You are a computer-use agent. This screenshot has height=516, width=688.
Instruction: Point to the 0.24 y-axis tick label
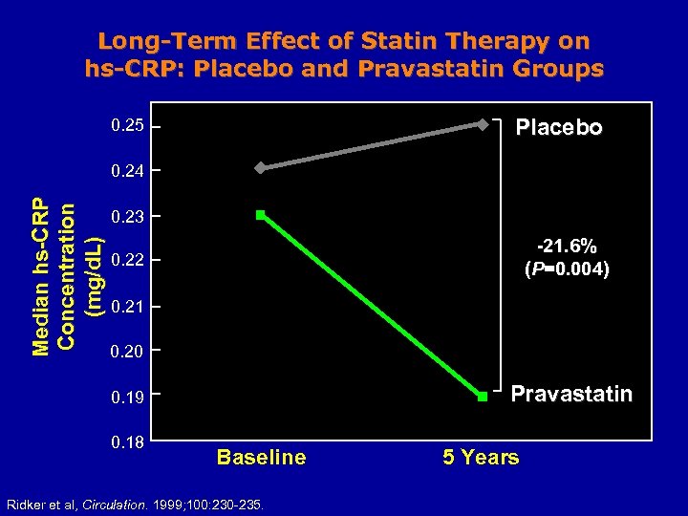127,172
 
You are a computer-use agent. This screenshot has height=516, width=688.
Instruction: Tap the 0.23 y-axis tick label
127,217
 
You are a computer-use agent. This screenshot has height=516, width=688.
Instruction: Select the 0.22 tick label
127,261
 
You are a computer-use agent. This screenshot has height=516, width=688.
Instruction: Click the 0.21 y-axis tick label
127,307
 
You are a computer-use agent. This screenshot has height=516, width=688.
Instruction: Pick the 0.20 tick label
127,352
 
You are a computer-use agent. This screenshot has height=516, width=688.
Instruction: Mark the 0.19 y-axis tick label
127,397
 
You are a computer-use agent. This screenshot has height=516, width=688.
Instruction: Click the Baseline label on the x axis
261,458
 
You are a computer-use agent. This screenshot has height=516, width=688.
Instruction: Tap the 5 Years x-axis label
481,458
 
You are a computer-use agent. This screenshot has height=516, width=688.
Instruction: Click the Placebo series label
559,128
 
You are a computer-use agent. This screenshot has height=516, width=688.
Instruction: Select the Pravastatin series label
571,394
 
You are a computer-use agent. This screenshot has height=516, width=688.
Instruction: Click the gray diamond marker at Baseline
259,168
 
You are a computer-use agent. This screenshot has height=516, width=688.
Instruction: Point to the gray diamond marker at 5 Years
483,124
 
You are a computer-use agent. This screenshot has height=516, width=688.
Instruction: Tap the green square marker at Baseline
260,215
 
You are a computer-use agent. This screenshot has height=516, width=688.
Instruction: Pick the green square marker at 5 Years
483,396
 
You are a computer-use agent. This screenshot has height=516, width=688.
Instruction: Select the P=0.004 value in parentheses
567,269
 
